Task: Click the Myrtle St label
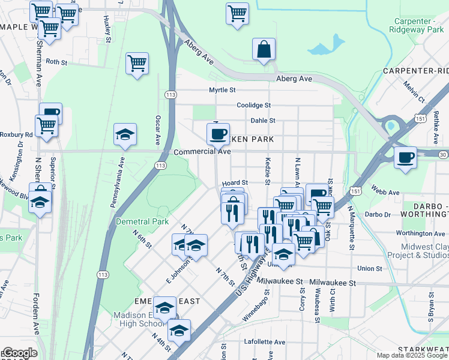(221, 90)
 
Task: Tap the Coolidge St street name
(254, 105)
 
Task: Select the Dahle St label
(263, 121)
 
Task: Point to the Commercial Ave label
(202, 152)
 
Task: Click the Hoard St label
(235, 182)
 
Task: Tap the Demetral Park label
(142, 221)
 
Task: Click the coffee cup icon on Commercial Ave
(218, 133)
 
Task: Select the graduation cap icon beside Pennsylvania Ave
(125, 135)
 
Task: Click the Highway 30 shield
(443, 155)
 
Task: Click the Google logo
(20, 353)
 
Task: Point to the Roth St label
(56, 62)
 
